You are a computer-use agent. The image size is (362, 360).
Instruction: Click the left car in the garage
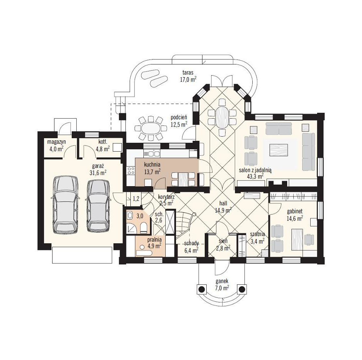66,205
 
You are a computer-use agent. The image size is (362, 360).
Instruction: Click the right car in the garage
99,206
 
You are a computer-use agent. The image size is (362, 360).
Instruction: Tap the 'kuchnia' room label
152,165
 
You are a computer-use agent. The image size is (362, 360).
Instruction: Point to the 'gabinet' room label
295,211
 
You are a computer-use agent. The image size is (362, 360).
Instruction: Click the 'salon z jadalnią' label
255,170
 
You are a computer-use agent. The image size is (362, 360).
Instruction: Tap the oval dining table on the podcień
151,129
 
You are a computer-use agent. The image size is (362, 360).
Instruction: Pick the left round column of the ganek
202,289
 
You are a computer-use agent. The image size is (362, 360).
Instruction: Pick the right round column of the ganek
242,289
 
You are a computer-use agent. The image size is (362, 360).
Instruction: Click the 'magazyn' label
57,142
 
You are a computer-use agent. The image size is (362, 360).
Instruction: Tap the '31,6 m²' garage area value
98,173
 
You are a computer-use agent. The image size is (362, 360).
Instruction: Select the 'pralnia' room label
155,239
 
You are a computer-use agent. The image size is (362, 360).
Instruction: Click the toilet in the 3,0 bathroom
143,227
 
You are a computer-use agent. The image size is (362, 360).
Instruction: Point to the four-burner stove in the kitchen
131,171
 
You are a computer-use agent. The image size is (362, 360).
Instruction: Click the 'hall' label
223,203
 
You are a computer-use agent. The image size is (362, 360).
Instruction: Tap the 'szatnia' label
257,234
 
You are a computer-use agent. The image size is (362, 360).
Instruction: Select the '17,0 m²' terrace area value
188,79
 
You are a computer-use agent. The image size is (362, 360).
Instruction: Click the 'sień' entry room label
223,241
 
